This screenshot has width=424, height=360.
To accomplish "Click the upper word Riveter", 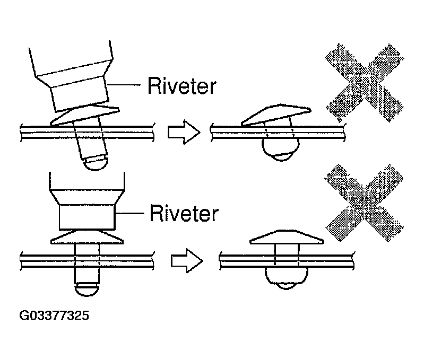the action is [181, 86].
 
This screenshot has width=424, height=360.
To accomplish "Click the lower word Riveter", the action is [184, 213].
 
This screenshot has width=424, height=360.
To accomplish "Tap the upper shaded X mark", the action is [364, 82].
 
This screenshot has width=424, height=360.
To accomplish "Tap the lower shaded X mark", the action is [364, 203].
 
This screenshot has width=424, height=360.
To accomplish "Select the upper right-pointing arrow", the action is [184, 132].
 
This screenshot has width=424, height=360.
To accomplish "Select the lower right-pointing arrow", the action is [187, 261].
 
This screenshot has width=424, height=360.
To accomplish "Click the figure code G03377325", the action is [54, 315].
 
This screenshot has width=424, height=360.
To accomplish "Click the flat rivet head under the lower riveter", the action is [87, 237].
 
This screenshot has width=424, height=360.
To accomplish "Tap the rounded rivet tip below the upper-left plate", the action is [96, 163].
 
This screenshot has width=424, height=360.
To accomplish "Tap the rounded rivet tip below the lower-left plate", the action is [86, 289].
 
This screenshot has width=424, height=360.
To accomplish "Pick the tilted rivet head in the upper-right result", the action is [276, 115].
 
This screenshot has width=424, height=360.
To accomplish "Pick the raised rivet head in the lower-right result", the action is [287, 237].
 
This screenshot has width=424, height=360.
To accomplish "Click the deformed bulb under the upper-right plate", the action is [281, 149].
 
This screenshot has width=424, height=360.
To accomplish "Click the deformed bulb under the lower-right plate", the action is [287, 278].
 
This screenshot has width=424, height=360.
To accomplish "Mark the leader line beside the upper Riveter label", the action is [124, 84].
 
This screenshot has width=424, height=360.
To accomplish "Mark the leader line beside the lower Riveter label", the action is [130, 213].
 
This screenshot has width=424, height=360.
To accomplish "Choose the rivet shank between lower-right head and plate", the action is [287, 249].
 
